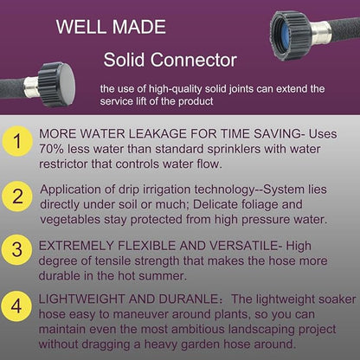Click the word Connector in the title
tap(194, 61)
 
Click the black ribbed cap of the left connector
tap(57, 84)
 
